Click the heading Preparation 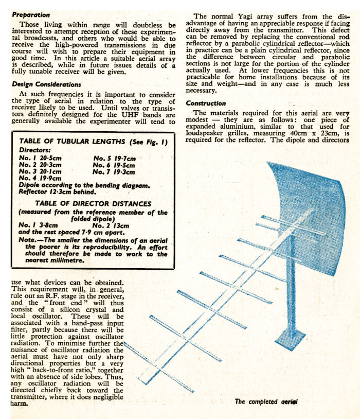pyautogui.click(x=31, y=15)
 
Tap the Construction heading pyautogui.click(x=206, y=103)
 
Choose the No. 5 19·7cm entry pyautogui.click(x=114, y=158)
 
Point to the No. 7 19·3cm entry pyautogui.click(x=114, y=171)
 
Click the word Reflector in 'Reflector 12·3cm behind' pyautogui.click(x=33, y=191)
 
